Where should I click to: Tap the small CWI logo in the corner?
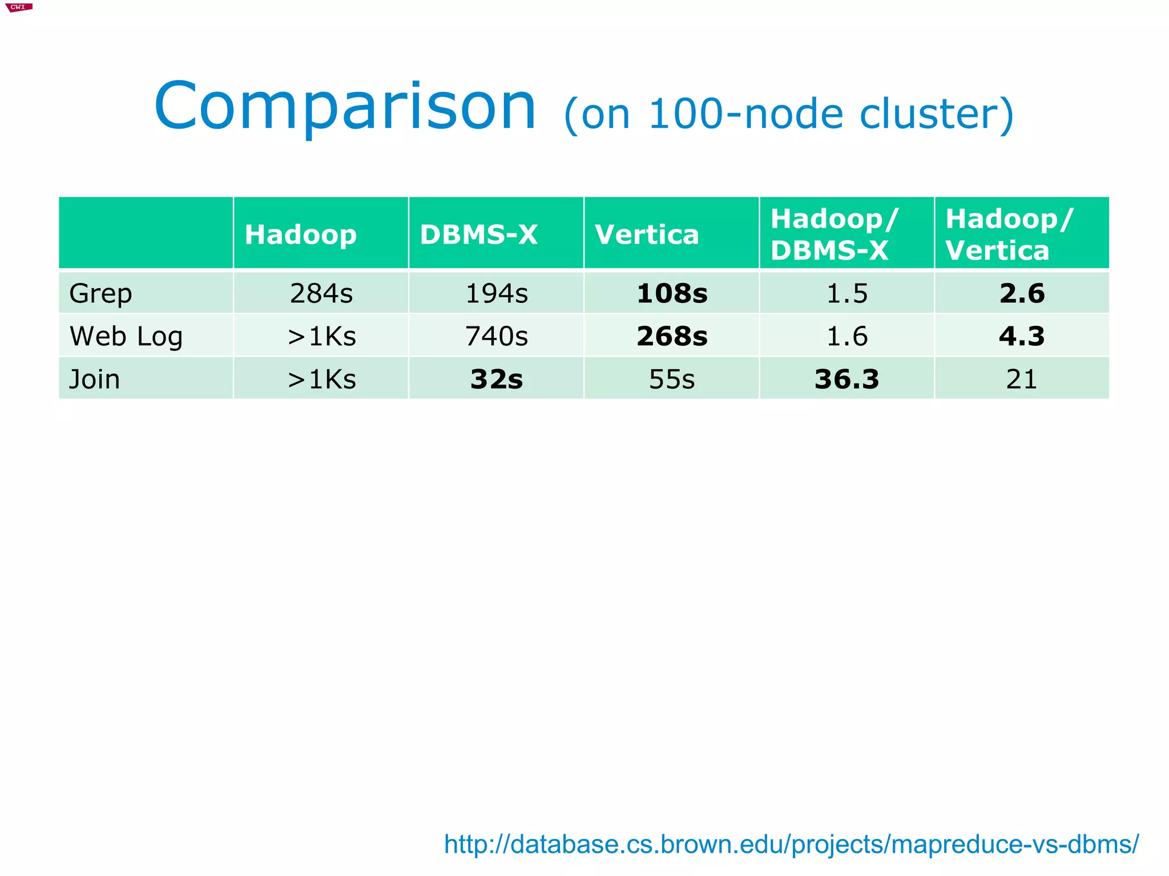point(18,7)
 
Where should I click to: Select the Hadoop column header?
point(300,235)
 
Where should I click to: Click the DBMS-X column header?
point(478,235)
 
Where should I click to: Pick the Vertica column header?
point(647,235)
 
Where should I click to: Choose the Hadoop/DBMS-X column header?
point(834,235)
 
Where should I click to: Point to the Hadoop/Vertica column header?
point(1009,235)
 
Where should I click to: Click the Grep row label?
point(100,293)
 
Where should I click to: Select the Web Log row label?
point(126,336)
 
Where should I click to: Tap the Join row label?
point(94,380)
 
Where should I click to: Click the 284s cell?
point(321,293)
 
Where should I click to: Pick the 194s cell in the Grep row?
point(496,293)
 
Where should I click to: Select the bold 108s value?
point(672,293)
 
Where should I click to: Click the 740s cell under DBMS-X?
point(496,336)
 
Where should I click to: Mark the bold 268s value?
point(672,336)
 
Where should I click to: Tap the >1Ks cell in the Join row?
point(321,380)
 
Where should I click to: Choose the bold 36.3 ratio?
point(846,380)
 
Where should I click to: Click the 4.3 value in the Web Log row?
point(1021,336)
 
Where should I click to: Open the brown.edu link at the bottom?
point(791,844)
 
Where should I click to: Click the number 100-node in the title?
point(745,114)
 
